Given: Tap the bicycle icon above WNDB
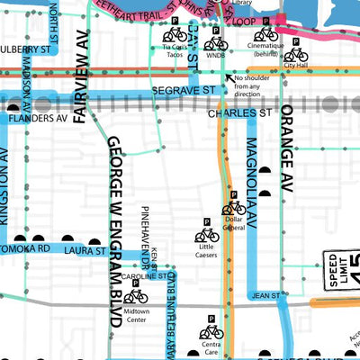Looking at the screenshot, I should click(x=216, y=42).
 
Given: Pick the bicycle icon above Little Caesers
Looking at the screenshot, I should click(x=206, y=236).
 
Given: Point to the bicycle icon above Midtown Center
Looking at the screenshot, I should click(x=135, y=295).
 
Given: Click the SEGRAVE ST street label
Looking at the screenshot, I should click(x=184, y=91).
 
